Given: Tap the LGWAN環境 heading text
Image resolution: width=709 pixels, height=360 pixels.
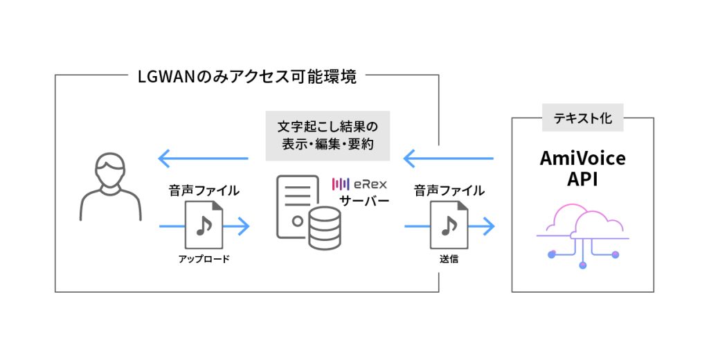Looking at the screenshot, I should coord(248,76).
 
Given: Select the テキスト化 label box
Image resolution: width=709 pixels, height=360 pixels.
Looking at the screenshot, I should coord(582,118).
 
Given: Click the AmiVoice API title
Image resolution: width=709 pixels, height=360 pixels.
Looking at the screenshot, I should coord(582,168).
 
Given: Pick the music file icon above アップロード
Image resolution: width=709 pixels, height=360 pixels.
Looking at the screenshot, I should coord(204,225).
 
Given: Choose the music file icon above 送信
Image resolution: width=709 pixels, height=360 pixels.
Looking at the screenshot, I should coord(449,225).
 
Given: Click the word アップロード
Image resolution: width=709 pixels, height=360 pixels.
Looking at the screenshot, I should coord(204,260).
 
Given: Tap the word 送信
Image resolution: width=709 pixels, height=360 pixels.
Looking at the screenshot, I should coord(449,260).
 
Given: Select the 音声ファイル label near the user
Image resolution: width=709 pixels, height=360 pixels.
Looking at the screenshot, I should coord(204,190).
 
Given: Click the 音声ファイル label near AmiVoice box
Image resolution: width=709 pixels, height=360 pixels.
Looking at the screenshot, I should coord(449,190).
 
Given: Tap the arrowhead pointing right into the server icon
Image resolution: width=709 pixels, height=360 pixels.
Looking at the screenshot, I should coord(242,226).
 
